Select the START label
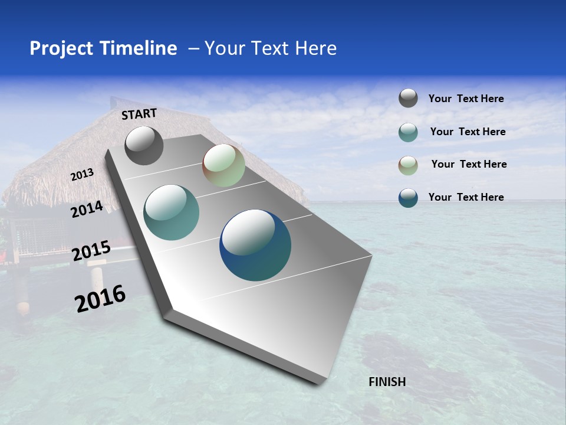pos(139,114)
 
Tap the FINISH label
pos(387,382)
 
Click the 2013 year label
pos(83,175)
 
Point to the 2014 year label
pos(87,210)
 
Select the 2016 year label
pos(100,299)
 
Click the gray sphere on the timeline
pos(144,145)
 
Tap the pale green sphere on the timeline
pos(223,165)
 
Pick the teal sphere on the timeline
pos(171,212)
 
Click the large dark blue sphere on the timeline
pos(255,245)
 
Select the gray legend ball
pos(408,99)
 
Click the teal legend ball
pos(408,132)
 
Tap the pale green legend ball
pos(408,165)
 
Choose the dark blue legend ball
pos(408,198)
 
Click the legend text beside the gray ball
pos(466,99)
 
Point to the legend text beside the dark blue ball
pos(466,197)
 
